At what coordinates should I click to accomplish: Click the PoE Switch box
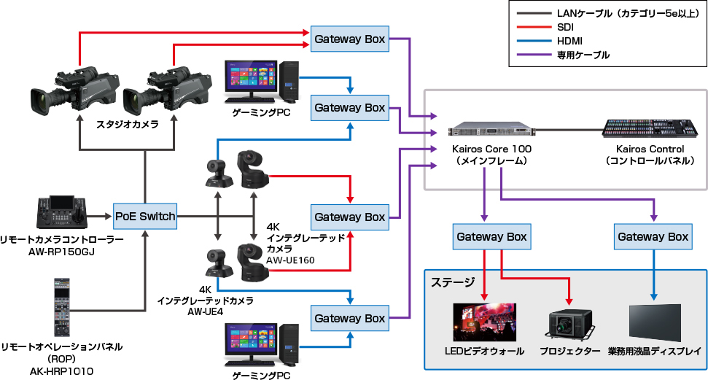click(145, 216)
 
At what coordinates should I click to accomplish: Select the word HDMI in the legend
click(571, 41)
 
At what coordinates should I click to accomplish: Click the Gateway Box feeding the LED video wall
click(491, 237)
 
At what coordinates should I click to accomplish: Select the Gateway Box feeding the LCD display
click(653, 237)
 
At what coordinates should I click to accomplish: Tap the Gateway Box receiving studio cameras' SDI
click(349, 40)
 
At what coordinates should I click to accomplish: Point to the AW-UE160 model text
click(290, 260)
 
